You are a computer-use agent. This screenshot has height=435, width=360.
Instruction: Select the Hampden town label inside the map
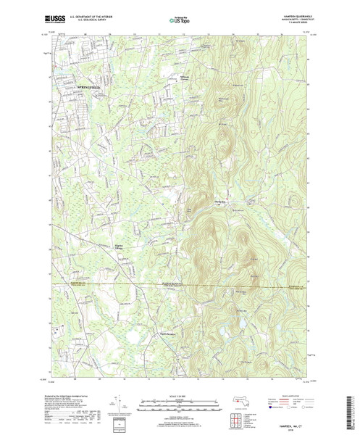tap(220, 202)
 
